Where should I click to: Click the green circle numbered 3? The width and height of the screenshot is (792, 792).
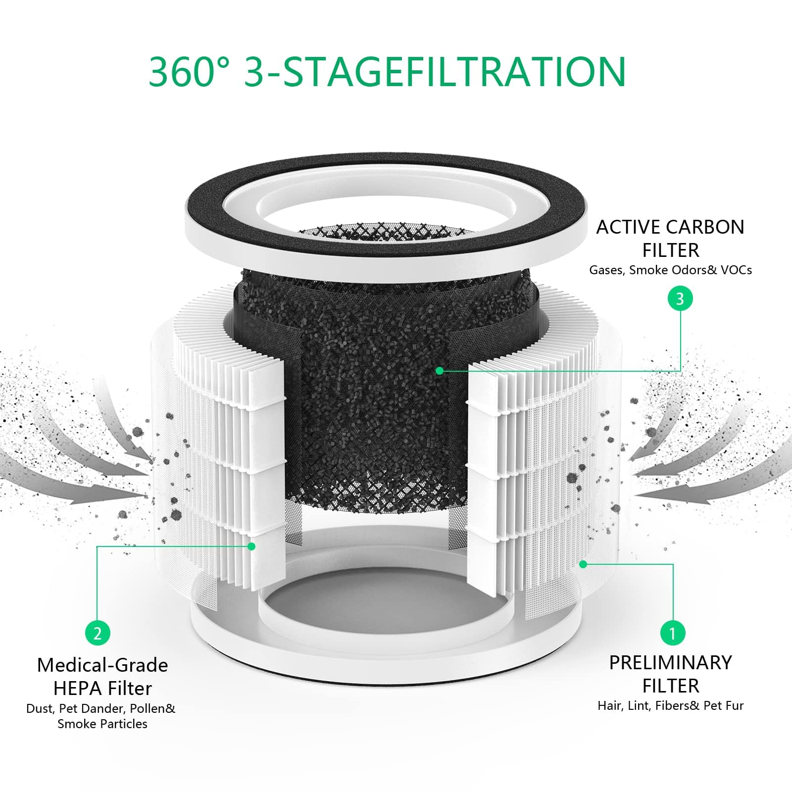[680, 298]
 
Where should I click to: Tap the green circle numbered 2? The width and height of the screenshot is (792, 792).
[98, 633]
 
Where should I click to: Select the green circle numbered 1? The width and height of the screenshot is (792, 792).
[672, 633]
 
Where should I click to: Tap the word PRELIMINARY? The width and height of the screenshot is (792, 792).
[670, 663]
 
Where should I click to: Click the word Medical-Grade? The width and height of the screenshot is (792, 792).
[102, 665]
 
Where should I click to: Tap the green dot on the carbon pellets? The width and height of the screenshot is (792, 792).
[439, 370]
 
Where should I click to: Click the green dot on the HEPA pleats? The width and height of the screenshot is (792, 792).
[251, 546]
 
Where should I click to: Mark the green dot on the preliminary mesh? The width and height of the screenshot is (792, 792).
[583, 564]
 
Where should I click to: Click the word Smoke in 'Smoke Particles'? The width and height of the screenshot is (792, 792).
[73, 724]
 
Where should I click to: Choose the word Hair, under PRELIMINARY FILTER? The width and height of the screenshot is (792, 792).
[610, 706]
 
